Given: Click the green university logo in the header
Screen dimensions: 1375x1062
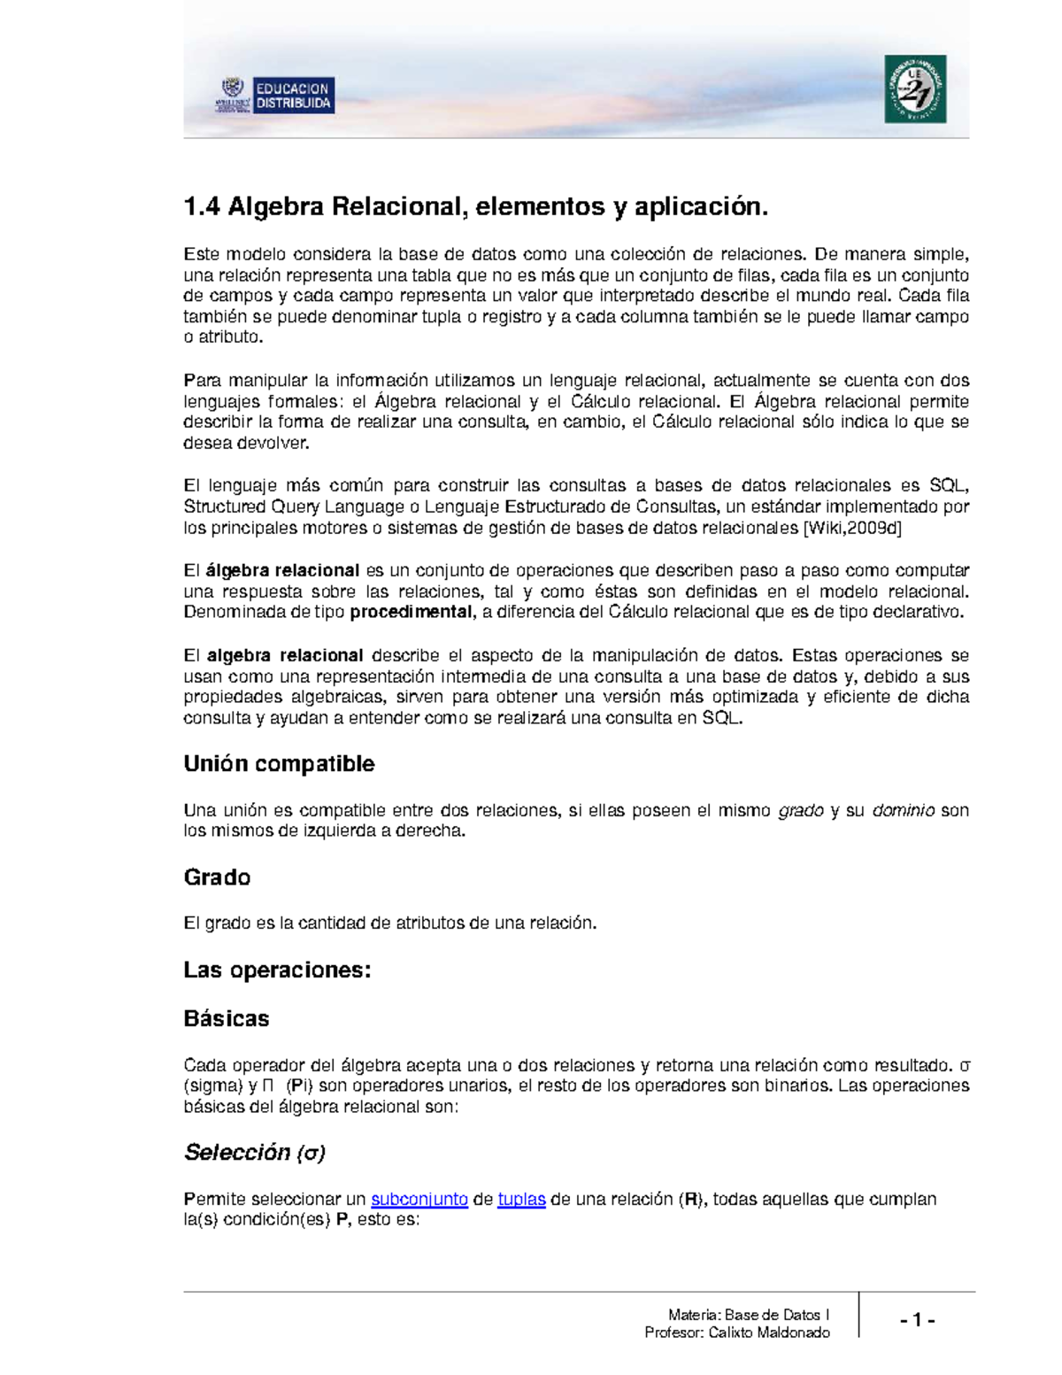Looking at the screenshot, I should pyautogui.click(x=915, y=89).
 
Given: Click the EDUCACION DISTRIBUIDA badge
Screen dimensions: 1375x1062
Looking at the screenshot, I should pyautogui.click(x=293, y=96).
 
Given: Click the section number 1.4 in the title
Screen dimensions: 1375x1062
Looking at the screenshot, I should pyautogui.click(x=201, y=207).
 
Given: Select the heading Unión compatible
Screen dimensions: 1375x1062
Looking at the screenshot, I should pyautogui.click(x=279, y=764).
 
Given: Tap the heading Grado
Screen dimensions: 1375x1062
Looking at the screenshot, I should pyautogui.click(x=217, y=877).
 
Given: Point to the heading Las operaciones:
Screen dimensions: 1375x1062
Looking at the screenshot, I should pyautogui.click(x=277, y=970).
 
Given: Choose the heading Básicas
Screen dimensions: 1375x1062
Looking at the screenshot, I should pyautogui.click(x=226, y=1019).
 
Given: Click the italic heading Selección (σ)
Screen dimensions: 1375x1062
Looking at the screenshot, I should pyautogui.click(x=255, y=1153).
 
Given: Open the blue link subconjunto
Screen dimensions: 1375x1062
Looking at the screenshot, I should pyautogui.click(x=419, y=1200).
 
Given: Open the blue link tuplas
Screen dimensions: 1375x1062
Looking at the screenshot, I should pyautogui.click(x=521, y=1200).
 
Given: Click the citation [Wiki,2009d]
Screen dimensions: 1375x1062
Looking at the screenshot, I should pyautogui.click(x=851, y=529).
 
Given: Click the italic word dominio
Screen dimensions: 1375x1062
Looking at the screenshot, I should pyautogui.click(x=903, y=811).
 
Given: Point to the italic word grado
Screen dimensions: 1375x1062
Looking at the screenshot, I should pyautogui.click(x=800, y=811).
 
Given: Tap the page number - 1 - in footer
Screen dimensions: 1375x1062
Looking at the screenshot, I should pyautogui.click(x=917, y=1321).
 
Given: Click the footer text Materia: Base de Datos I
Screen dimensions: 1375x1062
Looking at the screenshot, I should pyautogui.click(x=749, y=1315).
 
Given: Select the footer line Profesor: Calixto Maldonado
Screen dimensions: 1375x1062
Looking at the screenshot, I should pyautogui.click(x=737, y=1333).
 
